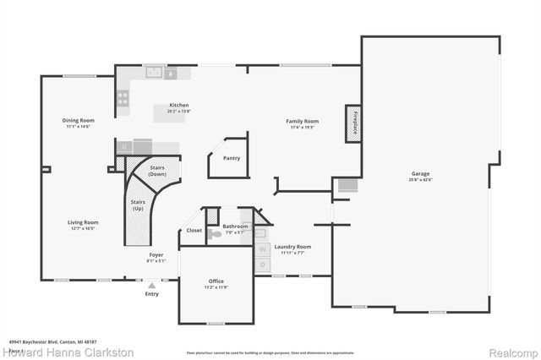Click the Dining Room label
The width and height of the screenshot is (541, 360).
click(x=78, y=120)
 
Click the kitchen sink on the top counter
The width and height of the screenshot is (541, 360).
click(x=154, y=74)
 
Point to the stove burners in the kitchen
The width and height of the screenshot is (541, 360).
click(x=123, y=99)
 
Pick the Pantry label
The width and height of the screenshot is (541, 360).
click(x=231, y=158)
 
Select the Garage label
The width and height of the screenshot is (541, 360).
click(x=421, y=174)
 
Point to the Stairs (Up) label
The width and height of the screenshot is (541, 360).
click(x=137, y=205)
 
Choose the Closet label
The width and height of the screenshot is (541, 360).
click(x=194, y=230)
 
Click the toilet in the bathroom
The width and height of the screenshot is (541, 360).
click(x=216, y=235)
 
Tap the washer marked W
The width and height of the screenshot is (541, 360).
click(x=262, y=248)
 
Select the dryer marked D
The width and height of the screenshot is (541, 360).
click(x=262, y=265)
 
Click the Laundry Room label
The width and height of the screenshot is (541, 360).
click(x=292, y=247)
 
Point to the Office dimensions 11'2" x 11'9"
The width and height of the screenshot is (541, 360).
click(x=216, y=287)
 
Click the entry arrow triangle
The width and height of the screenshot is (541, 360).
click(x=152, y=286)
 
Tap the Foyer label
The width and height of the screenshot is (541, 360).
click(x=156, y=254)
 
